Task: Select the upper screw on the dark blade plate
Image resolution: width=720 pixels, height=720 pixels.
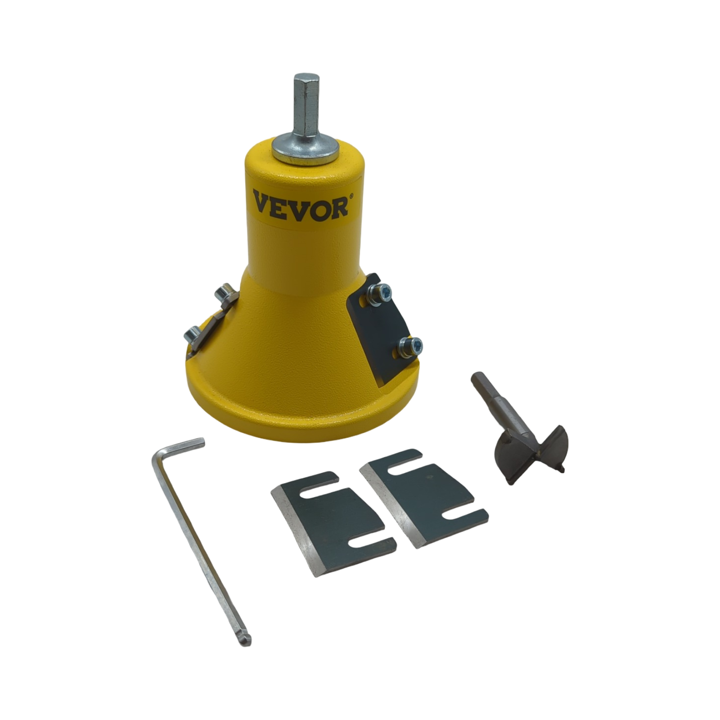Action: tap(379, 293)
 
